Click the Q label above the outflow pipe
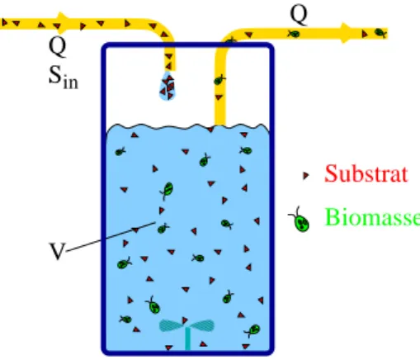pyautogui.click(x=299, y=15)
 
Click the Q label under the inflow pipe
pyautogui.click(x=58, y=47)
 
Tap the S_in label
pyautogui.click(x=64, y=78)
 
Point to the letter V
pyautogui.click(x=57, y=251)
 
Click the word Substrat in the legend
pyautogui.click(x=366, y=173)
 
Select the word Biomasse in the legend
pyautogui.click(x=372, y=217)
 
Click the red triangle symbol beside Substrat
pyautogui.click(x=305, y=175)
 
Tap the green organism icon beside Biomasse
pyautogui.click(x=300, y=220)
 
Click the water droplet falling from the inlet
pyautogui.click(x=168, y=87)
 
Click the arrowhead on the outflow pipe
pyautogui.click(x=347, y=33)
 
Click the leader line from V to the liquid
pyautogui.click(x=111, y=237)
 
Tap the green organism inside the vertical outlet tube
pyautogui.click(x=219, y=80)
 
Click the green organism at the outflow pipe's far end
pyautogui.click(x=381, y=33)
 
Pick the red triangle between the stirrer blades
pyautogui.click(x=185, y=320)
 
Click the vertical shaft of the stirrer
pyautogui.click(x=187, y=339)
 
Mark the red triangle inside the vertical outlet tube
pyautogui.click(x=219, y=97)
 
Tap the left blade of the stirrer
pyautogui.click(x=171, y=325)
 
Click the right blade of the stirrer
pyautogui.click(x=203, y=325)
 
